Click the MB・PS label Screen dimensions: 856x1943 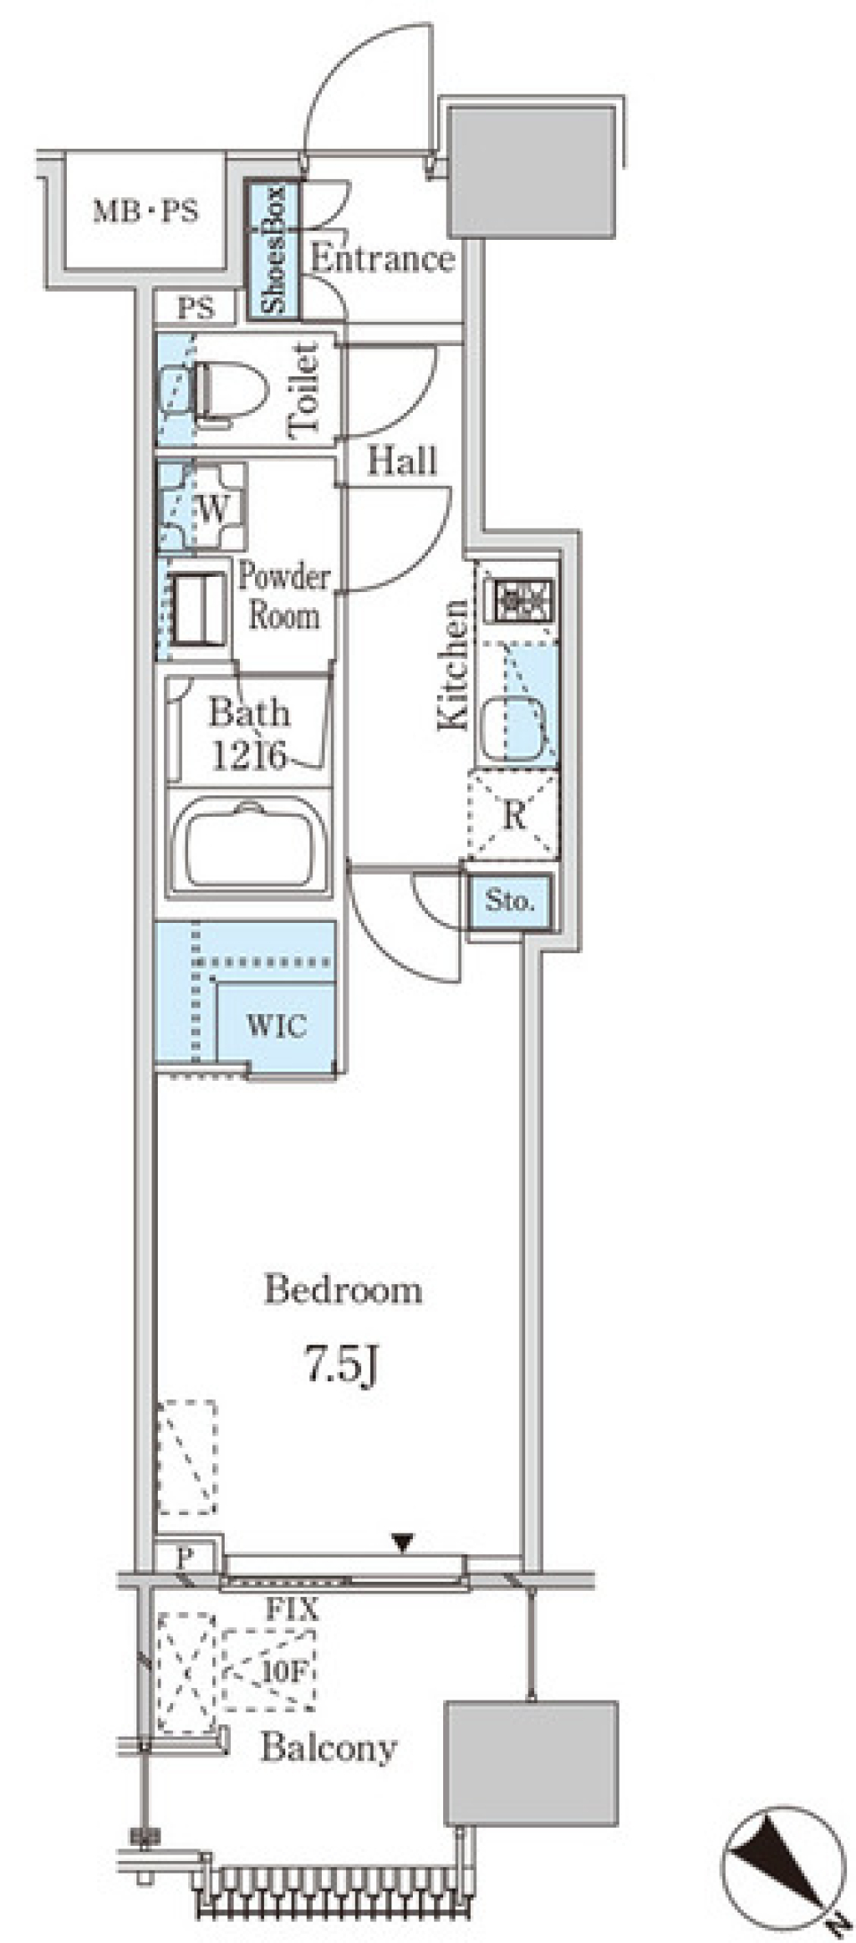click(x=146, y=212)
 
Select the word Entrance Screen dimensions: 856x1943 click(x=383, y=259)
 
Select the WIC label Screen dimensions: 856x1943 click(x=276, y=1025)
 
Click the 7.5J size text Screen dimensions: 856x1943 click(x=342, y=1365)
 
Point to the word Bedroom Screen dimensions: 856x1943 click(x=342, y=1290)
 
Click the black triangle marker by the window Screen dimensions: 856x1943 click(x=403, y=1542)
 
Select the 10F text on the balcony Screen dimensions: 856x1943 click(x=284, y=1671)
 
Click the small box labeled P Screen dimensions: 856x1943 click(x=185, y=1558)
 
